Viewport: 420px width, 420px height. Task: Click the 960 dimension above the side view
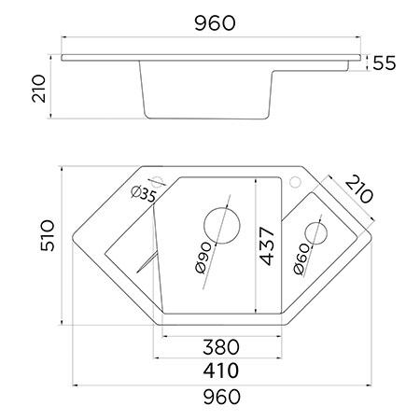click(x=214, y=20)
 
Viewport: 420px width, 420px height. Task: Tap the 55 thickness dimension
click(x=385, y=63)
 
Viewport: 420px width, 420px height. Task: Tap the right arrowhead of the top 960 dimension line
click(x=362, y=37)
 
